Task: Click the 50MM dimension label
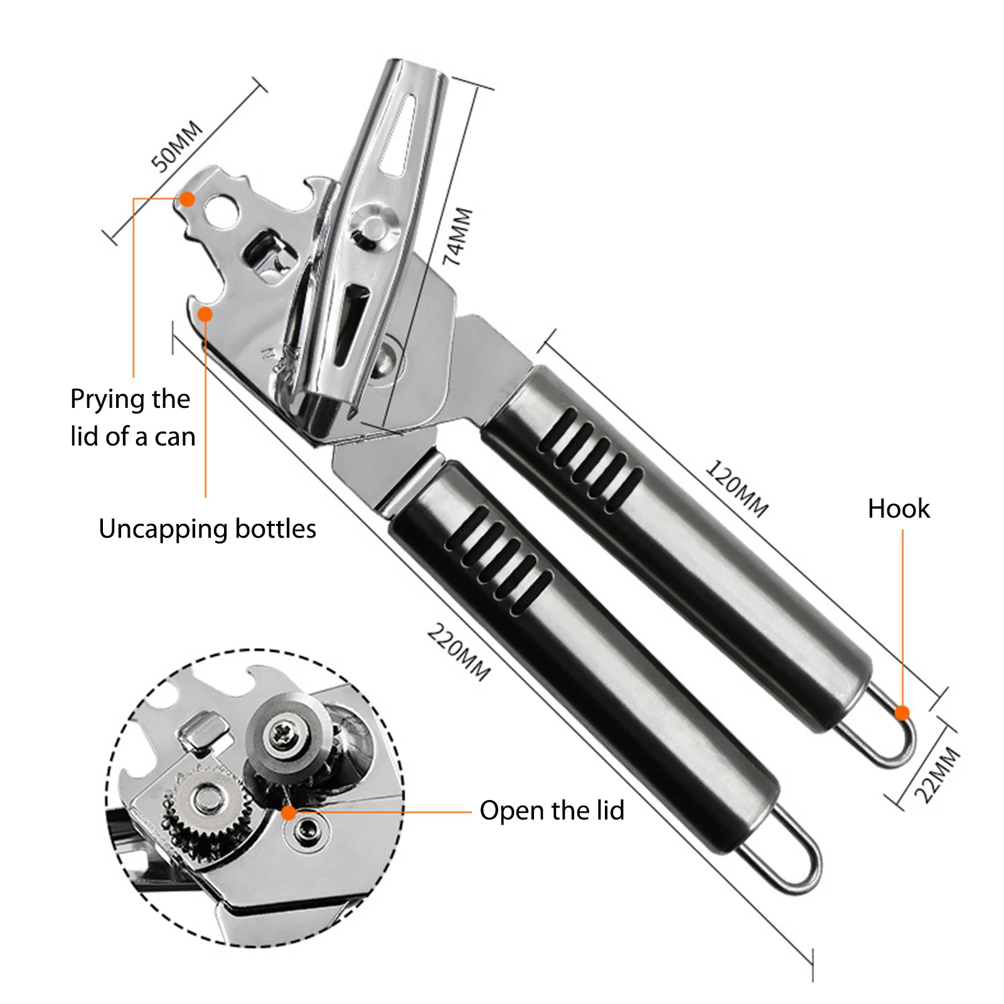pyautogui.click(x=178, y=146)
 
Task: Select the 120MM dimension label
pyautogui.click(x=737, y=488)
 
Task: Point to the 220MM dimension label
pyautogui.click(x=459, y=652)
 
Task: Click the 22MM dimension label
pyautogui.click(x=937, y=775)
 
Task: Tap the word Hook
pyautogui.click(x=898, y=508)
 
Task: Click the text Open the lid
pyautogui.click(x=552, y=810)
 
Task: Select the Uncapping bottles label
pyautogui.click(x=207, y=528)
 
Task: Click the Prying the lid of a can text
pyautogui.click(x=132, y=417)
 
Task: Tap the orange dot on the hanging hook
pyautogui.click(x=902, y=713)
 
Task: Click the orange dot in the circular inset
pyautogui.click(x=289, y=813)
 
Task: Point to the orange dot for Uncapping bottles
pyautogui.click(x=205, y=314)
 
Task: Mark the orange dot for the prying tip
pyautogui.click(x=187, y=200)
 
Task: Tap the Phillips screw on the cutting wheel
pyautogui.click(x=279, y=732)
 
